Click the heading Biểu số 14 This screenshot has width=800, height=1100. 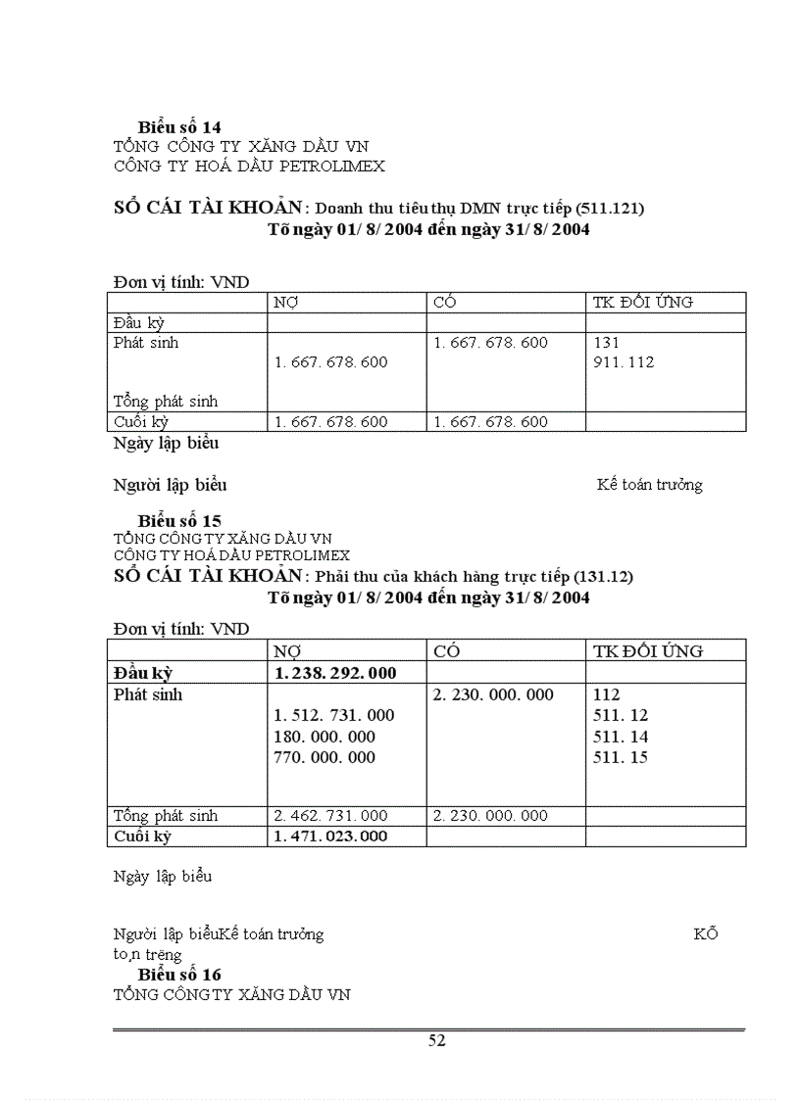[179, 127]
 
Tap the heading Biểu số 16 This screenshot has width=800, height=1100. [179, 975]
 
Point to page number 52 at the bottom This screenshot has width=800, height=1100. [437, 1041]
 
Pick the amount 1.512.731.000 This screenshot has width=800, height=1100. [334, 716]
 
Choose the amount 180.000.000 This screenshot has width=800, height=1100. [325, 737]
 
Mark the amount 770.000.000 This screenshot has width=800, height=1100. [325, 757]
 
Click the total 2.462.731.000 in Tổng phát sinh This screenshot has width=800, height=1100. [330, 816]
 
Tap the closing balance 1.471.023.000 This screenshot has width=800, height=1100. [330, 837]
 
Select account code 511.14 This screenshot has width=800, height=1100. [621, 737]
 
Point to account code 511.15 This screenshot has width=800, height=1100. [621, 757]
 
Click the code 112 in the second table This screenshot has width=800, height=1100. [607, 694]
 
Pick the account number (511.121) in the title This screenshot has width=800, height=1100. [609, 209]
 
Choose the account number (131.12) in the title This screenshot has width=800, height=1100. [603, 576]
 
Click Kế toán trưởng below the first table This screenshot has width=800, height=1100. [649, 485]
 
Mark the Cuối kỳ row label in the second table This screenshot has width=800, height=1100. [142, 837]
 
